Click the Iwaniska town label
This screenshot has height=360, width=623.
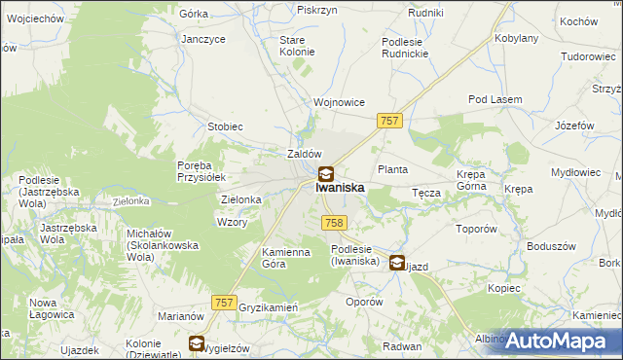340,189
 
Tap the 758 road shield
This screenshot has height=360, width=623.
333,224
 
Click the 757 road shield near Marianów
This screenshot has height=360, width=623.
224,304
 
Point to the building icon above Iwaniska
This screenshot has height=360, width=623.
326,174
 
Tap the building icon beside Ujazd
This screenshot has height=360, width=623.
397,262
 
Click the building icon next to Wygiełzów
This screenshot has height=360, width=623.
196,343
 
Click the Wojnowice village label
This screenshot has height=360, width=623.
338,102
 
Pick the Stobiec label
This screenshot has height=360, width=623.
225,127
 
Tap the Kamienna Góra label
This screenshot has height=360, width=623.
286,258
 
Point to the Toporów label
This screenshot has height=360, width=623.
477,230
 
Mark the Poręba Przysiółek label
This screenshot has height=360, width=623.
202,171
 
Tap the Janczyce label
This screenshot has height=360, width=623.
203,39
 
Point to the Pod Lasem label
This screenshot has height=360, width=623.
495,99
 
